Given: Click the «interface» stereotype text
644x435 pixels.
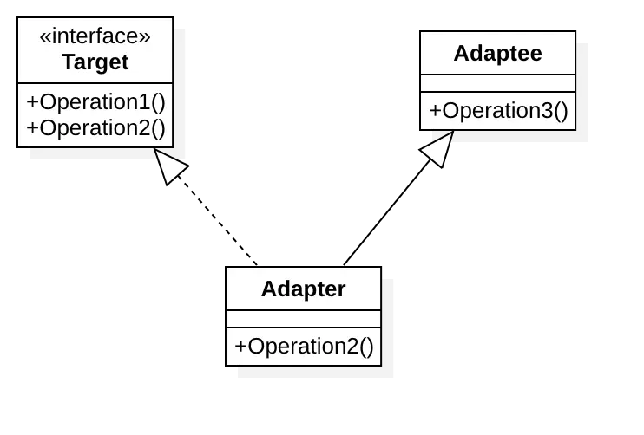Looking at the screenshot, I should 95,36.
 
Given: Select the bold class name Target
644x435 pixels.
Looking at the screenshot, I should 95,62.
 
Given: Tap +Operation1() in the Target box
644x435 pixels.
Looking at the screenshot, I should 95,101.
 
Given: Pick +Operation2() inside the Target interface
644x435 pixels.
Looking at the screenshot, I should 95,127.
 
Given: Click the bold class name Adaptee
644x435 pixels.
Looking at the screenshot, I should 497,53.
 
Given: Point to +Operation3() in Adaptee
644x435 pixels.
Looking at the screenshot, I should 497,111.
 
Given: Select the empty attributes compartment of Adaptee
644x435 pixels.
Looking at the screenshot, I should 497,83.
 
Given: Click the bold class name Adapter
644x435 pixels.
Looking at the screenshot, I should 303,289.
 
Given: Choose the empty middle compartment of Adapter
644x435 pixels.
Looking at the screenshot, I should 303,319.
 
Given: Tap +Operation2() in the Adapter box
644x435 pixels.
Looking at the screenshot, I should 303,347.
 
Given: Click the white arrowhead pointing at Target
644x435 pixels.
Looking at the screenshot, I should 170,165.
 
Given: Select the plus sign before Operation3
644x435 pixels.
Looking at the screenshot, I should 435,111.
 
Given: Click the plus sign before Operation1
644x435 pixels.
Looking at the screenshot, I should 32,101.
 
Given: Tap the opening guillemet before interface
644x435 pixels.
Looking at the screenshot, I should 45,37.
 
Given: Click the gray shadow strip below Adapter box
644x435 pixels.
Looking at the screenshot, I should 316,373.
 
